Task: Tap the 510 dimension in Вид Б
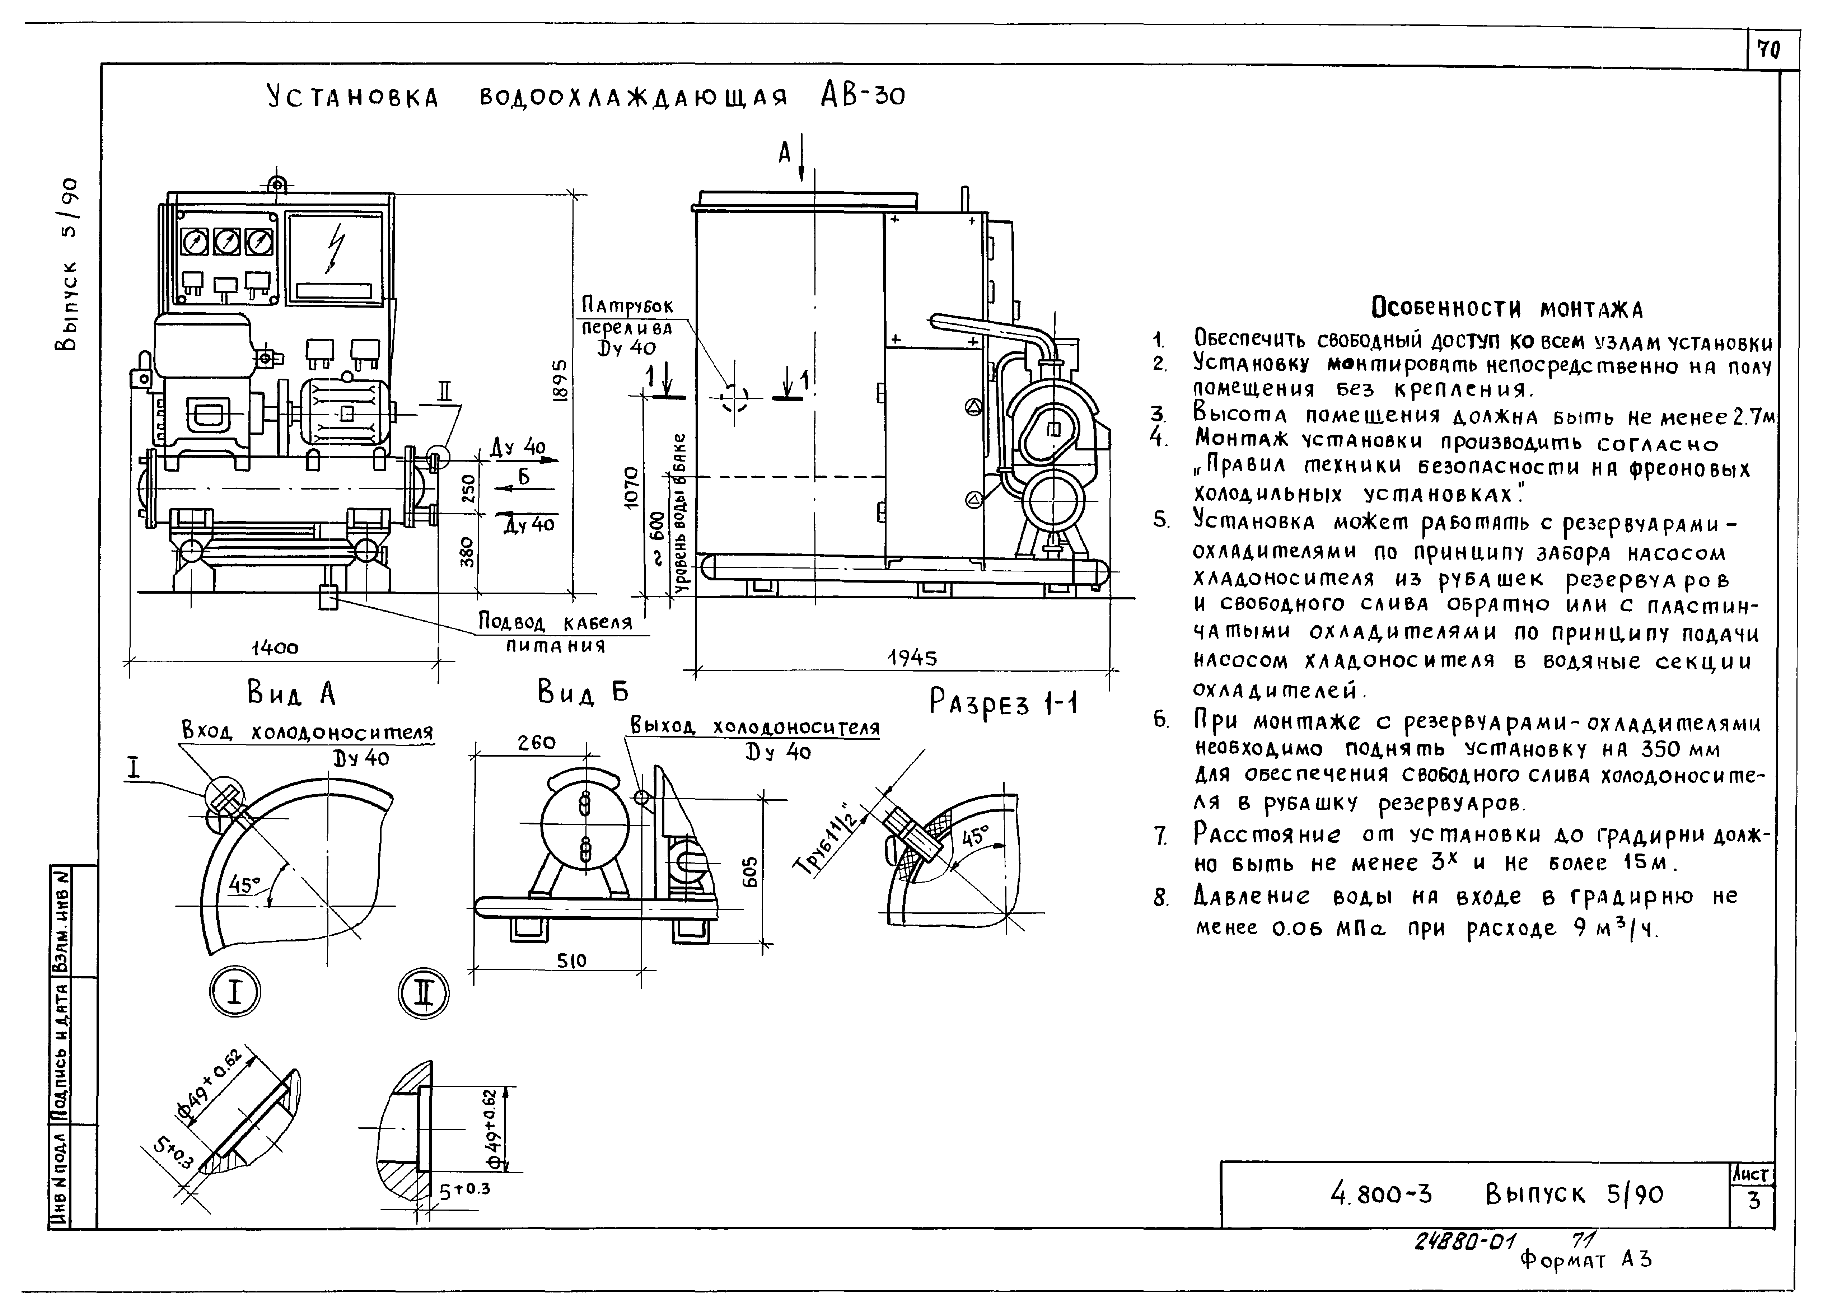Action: pyautogui.click(x=571, y=960)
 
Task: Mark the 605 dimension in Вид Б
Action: pyautogui.click(x=749, y=870)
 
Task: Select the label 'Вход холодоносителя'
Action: pyautogui.click(x=307, y=732)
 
